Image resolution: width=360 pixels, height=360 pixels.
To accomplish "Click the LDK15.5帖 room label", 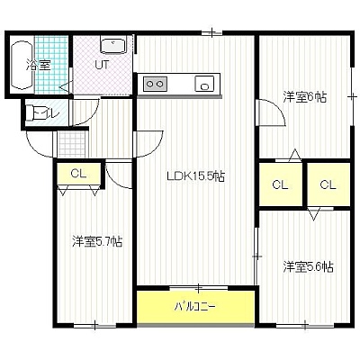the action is click(196, 176).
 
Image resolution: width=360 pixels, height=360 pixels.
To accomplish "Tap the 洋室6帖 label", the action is click(305, 97).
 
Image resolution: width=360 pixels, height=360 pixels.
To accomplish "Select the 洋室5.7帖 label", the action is click(97, 241).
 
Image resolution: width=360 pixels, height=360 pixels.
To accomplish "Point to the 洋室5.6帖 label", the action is click(309, 266).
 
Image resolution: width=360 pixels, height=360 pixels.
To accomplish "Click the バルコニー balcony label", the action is click(195, 307).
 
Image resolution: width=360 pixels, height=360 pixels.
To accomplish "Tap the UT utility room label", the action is click(103, 65).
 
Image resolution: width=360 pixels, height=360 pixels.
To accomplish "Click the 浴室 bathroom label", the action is click(38, 65).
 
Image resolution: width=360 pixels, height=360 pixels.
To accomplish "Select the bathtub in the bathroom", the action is click(22, 65).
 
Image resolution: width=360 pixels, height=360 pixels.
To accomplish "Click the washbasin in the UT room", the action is click(113, 46).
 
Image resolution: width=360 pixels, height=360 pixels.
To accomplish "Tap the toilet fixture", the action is click(35, 112).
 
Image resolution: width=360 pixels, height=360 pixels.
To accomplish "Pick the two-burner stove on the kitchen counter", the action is click(155, 83).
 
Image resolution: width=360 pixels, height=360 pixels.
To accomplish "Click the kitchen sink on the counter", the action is click(204, 83).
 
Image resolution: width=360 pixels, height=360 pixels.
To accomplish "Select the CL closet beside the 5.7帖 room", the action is click(78, 174).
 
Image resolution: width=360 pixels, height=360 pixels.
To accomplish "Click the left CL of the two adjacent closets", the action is click(281, 184).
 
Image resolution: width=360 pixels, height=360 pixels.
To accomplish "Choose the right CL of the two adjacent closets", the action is click(328, 184).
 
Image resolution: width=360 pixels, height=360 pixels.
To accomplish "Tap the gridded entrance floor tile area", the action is click(71, 144).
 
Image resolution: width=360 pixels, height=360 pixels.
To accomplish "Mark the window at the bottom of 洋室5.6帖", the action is click(304, 325).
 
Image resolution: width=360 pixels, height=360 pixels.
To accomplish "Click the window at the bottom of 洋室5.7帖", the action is click(94, 325).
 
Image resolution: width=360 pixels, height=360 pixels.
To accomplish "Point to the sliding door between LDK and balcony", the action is click(199, 288).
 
